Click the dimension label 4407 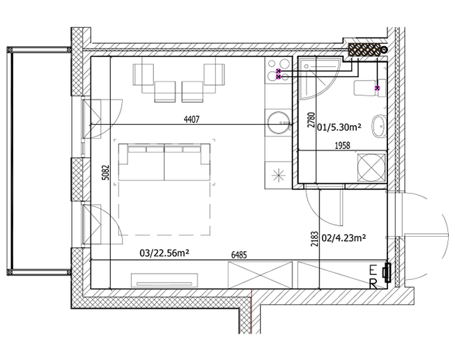pyautogui.click(x=192, y=119)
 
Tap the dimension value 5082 pyautogui.click(x=106, y=173)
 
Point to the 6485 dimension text pyautogui.click(x=239, y=255)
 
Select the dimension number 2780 pyautogui.click(x=311, y=120)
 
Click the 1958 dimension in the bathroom pyautogui.click(x=343, y=146)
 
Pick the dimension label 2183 pyautogui.click(x=314, y=239)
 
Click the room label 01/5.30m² pyautogui.click(x=339, y=127)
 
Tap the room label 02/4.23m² pyautogui.click(x=344, y=238)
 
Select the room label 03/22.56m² pyautogui.click(x=164, y=253)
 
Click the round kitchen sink pyautogui.click(x=279, y=123)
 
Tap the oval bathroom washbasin pyautogui.click(x=379, y=127)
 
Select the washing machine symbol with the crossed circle pyautogui.click(x=371, y=168)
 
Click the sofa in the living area pyautogui.click(x=164, y=162)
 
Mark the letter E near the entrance pyautogui.click(x=373, y=271)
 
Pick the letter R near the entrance pyautogui.click(x=373, y=284)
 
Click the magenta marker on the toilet pyautogui.click(x=377, y=88)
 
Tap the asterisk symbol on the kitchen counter pyautogui.click(x=278, y=175)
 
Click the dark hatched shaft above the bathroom pyautogui.click(x=364, y=49)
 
